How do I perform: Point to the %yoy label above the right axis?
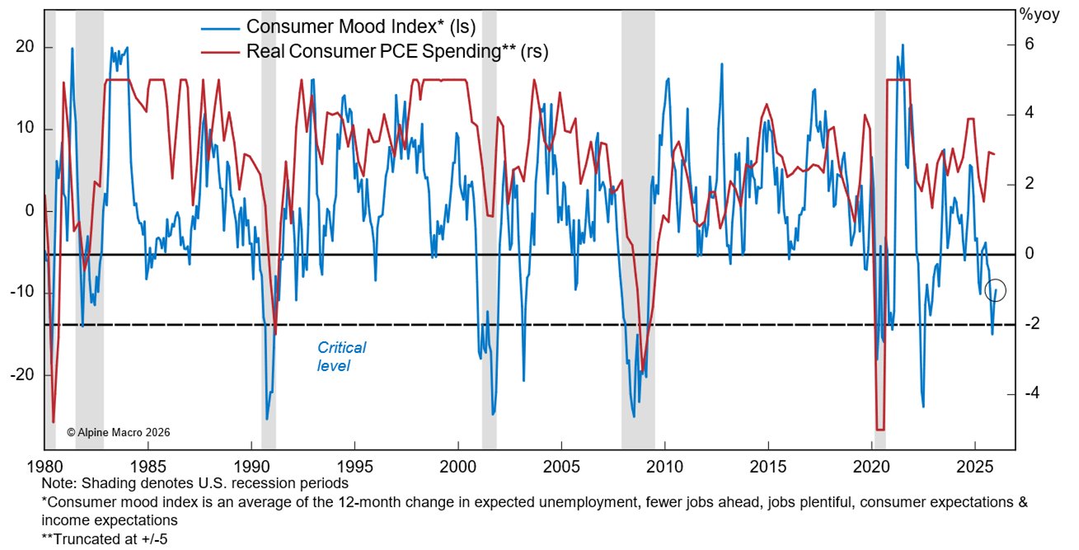pyautogui.click(x=1037, y=14)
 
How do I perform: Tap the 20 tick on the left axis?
pyautogui.click(x=24, y=47)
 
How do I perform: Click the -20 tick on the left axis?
pyautogui.click(x=21, y=374)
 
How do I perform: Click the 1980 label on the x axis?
pyautogui.click(x=45, y=465)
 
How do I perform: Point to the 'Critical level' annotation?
pyautogui.click(x=341, y=356)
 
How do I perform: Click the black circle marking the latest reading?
pyautogui.click(x=996, y=290)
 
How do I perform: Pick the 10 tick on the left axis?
pyautogui.click(x=24, y=129)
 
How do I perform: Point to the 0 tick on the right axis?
pyautogui.click(x=1028, y=254)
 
